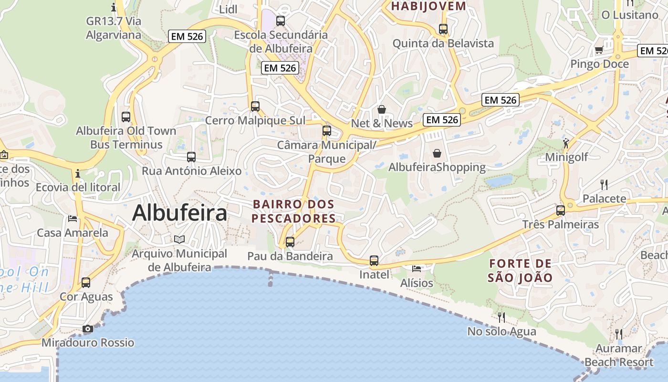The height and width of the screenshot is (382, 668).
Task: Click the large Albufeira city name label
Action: pos(179,213)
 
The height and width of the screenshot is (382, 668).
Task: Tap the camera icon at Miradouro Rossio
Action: pos(88,329)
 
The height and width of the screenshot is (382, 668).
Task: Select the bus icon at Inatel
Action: pos(374,261)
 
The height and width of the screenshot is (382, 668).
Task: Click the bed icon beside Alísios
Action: pos(417,269)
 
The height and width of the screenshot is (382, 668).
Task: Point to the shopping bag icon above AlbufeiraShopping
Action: pos(437,153)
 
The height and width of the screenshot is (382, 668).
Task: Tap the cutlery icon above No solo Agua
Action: pos(501,317)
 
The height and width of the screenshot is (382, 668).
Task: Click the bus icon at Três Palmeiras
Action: pos(561,210)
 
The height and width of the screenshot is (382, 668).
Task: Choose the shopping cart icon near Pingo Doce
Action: pos(599,50)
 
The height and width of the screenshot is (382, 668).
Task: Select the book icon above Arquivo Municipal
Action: pos(179,239)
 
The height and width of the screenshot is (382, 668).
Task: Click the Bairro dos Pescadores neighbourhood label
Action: pos(293,211)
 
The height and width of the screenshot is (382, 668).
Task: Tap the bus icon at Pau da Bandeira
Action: pos(290,242)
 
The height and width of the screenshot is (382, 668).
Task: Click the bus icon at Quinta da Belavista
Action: pos(443,29)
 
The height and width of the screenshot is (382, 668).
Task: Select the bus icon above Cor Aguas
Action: pos(86,283)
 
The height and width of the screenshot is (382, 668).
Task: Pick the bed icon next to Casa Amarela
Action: pos(73,219)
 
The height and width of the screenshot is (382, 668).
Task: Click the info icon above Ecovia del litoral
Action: pos(78,173)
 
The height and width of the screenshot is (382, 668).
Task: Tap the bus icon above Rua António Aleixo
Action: pos(191,157)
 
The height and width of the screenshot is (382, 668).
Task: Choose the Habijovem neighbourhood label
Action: pos(428,6)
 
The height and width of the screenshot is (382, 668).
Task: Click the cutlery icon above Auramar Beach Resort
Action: pos(619,334)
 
